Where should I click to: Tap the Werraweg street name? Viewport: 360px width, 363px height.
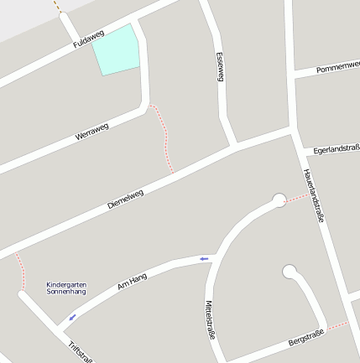click(91, 131)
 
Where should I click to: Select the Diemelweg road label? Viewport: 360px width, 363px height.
click(126, 199)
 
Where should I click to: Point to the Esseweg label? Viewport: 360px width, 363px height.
click(221, 66)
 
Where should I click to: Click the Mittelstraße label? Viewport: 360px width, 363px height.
click(211, 319)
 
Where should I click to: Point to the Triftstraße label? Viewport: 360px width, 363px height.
click(81, 351)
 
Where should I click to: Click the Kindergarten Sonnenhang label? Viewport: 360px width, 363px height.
click(66, 288)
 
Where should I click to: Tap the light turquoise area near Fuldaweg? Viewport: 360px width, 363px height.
click(116, 49)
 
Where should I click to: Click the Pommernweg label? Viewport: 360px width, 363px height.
click(338, 68)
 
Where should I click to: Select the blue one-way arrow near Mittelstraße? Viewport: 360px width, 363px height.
click(204, 259)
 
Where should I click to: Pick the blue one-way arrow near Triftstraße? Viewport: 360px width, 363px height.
click(72, 317)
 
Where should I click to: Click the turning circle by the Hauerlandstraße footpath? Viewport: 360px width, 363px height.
click(279, 200)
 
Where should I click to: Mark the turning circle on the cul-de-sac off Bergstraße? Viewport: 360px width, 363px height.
click(290, 271)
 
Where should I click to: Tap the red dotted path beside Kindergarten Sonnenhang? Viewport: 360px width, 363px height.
click(20, 272)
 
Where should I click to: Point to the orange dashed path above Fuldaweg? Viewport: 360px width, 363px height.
click(58, 6)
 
